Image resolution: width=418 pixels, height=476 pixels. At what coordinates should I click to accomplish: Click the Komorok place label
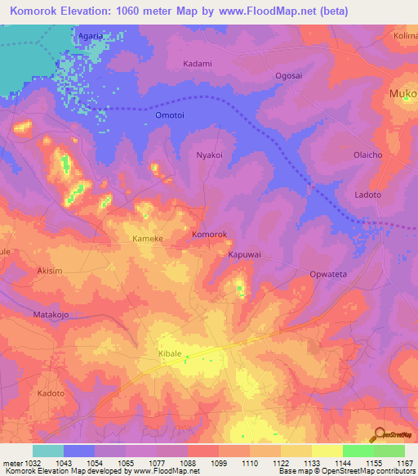coord(209,235)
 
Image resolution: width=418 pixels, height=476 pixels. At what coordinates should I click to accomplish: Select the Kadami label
coord(197,64)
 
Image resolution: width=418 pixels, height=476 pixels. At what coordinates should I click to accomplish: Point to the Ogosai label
coord(288,74)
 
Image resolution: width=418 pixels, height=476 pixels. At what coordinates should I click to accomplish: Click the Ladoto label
coord(368,195)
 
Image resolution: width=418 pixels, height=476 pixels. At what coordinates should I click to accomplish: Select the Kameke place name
coord(148,239)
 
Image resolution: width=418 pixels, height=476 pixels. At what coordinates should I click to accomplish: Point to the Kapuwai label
coord(244,254)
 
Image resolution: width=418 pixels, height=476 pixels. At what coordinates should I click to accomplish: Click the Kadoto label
coord(51,393)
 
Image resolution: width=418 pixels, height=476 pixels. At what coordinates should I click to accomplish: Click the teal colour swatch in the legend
coord(48,451)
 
